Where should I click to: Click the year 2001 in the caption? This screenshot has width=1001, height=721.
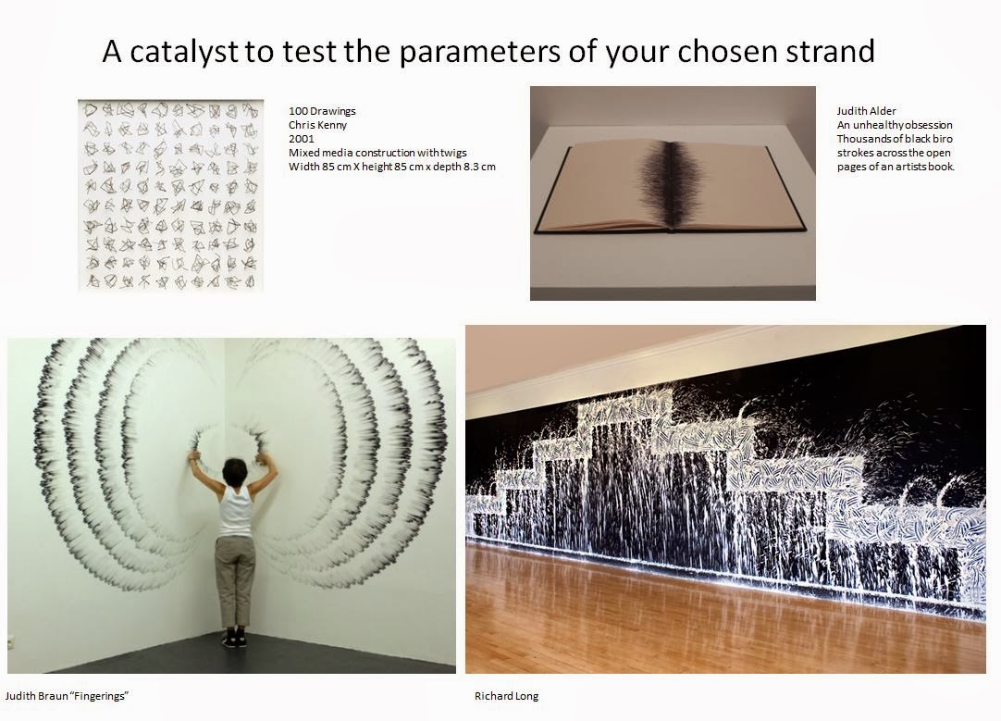click(x=302, y=139)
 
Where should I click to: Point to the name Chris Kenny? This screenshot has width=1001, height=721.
click(x=318, y=125)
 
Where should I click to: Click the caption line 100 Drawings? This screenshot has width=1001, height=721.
click(x=322, y=110)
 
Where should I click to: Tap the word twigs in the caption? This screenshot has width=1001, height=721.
click(x=452, y=154)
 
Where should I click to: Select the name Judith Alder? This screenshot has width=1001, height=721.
click(x=866, y=110)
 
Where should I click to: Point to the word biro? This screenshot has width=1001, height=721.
click(x=942, y=139)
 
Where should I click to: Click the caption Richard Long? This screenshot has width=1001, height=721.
click(x=506, y=696)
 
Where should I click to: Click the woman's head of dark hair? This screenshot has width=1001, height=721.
click(x=234, y=471)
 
